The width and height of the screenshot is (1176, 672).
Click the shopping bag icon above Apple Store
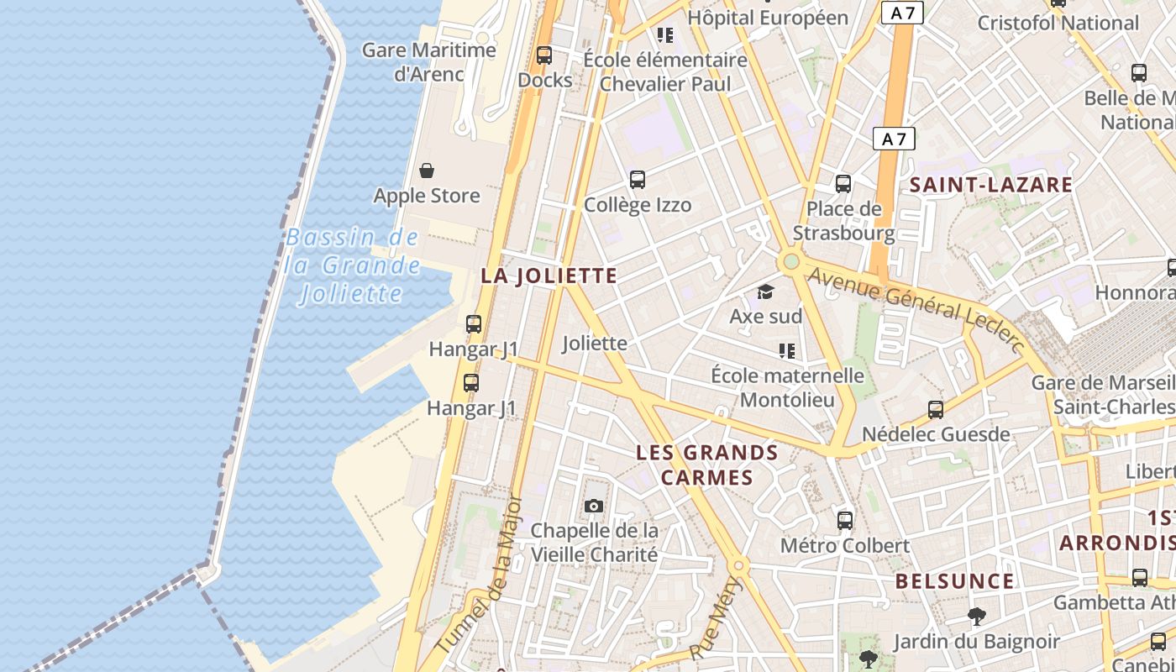point(427,171)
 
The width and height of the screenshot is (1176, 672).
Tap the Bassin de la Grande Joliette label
point(352,265)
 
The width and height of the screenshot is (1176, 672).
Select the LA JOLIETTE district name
point(549,276)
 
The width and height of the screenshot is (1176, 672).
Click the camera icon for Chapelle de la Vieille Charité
point(594,506)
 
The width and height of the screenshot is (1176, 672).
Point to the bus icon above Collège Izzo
point(638,179)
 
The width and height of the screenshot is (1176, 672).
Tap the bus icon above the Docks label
point(544,55)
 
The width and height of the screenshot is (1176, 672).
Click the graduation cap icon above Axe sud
point(765,291)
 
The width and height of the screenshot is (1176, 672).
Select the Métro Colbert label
point(844,545)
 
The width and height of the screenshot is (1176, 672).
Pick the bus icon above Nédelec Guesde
point(936,410)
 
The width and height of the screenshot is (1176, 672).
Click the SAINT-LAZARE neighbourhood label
point(991,185)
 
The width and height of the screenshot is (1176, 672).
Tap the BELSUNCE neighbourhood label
point(954,580)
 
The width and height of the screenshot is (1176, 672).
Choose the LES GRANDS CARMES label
point(707,465)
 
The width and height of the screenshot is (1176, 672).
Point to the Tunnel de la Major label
point(481,575)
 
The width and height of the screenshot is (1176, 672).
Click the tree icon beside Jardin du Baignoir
point(976,617)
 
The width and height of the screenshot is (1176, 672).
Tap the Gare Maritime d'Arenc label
point(429,61)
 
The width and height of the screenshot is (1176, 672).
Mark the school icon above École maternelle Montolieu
point(787,350)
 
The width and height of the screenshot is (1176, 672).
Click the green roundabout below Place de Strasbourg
point(790,262)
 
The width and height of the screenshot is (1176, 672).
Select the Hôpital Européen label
point(768,17)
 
